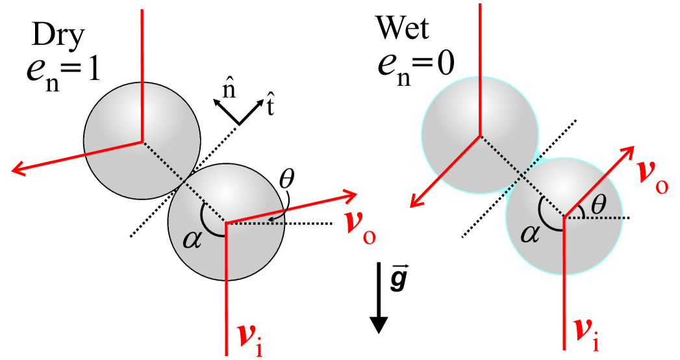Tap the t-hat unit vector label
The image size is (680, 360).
[x=270, y=103]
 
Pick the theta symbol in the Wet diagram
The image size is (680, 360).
[x=598, y=205]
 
